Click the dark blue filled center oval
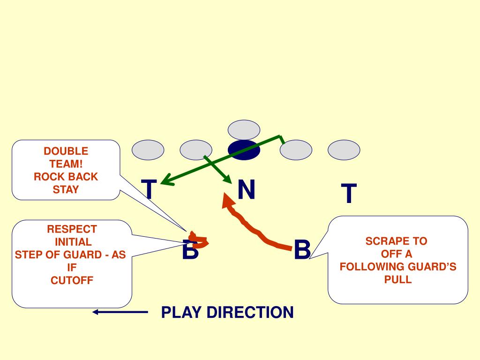pos(244,150)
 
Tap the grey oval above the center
pos(244,130)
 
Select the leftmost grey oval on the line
pos(148,150)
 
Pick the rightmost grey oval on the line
pos(344,150)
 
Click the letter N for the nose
pos(246,190)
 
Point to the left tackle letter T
pos(149,190)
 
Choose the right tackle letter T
pos(348,194)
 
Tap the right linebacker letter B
pos(302,249)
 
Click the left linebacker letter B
pos(190,250)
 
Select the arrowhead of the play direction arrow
pos(96,312)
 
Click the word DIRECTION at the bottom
pos(250,312)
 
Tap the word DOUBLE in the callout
pos(66,151)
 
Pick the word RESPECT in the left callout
pos(72,229)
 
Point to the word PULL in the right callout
pos(397,280)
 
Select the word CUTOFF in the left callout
pos(72,281)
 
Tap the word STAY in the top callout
pos(66,190)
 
